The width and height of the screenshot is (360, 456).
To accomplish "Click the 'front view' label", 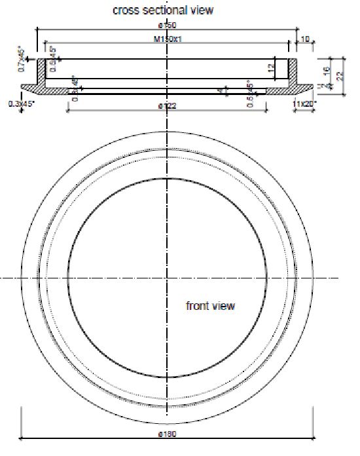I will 210,306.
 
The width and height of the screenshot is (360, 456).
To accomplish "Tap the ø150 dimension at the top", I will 168,25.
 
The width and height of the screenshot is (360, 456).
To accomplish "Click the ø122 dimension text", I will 168,105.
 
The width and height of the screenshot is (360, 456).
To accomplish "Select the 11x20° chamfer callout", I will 305,104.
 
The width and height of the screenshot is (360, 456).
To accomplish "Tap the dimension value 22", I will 339,76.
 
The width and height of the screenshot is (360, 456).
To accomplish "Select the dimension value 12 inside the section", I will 270,68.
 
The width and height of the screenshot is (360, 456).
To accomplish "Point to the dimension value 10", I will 305,40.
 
